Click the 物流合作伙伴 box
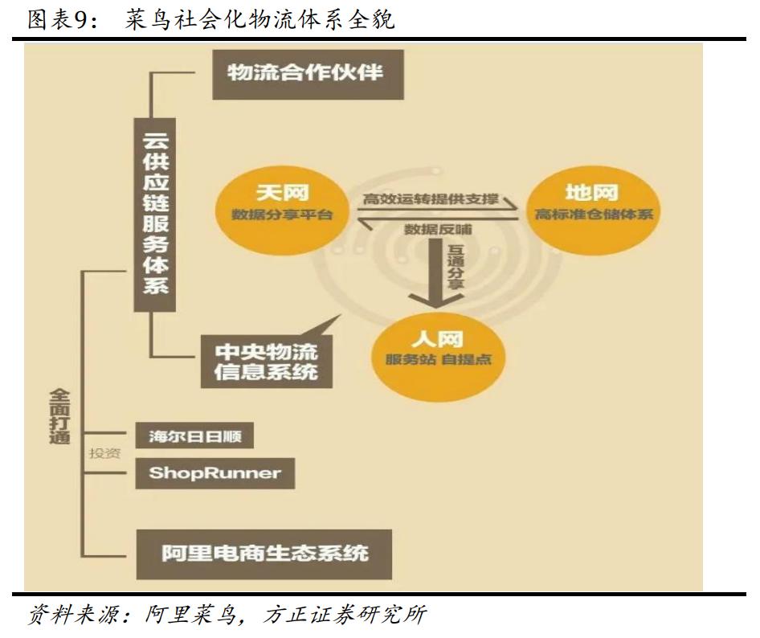(x=308, y=74)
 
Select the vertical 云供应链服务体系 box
(x=155, y=213)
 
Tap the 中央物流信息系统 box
(x=265, y=362)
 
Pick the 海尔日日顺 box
(x=194, y=437)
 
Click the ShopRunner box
(x=215, y=473)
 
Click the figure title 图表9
(x=61, y=19)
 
